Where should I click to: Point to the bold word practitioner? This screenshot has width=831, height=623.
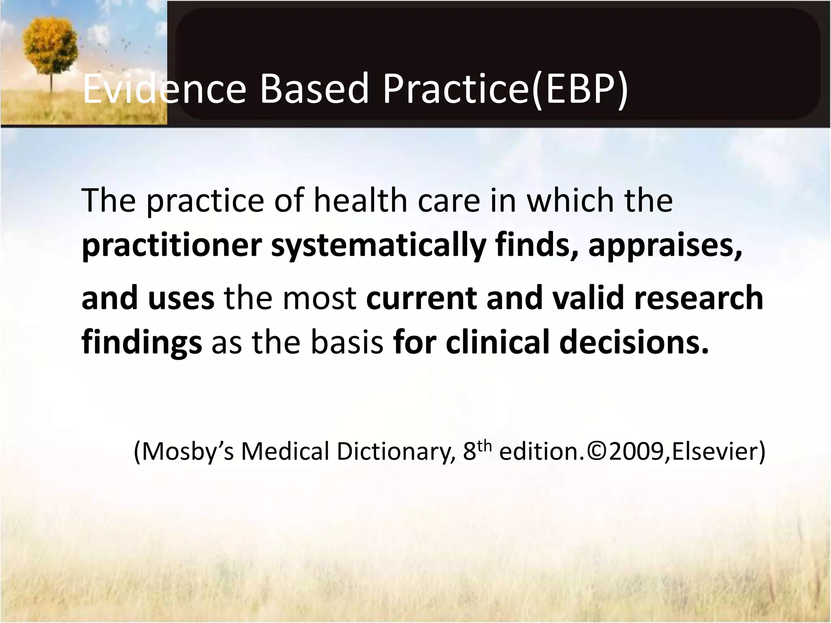click(172, 246)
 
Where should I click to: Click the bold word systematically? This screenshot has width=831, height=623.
click(378, 246)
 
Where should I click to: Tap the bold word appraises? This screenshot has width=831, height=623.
click(665, 246)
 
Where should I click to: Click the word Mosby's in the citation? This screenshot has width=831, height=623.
click(188, 451)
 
